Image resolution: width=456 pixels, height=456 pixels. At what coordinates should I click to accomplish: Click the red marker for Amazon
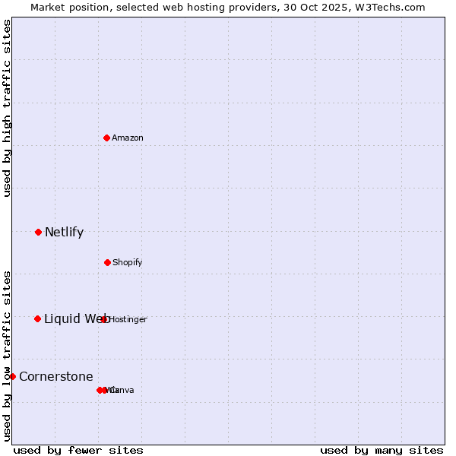[107, 138]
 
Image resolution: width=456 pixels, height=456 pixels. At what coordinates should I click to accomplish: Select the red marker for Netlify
[38, 232]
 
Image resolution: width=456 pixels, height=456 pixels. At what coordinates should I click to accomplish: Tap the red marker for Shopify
[107, 262]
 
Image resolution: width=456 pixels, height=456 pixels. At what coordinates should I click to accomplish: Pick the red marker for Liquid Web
[37, 318]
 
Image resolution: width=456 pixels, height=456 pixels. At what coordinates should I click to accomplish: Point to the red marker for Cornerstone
[12, 376]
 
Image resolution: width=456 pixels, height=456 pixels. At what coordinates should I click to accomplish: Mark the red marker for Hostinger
[104, 319]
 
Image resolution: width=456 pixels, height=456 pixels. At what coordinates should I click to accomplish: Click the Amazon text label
[128, 138]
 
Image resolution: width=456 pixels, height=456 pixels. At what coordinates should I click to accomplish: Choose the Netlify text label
[64, 232]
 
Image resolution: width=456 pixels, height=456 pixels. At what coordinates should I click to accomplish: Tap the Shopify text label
[128, 262]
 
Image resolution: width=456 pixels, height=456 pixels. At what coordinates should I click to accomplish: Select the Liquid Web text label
[76, 318]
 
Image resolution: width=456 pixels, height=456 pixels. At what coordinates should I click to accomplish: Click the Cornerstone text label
[56, 376]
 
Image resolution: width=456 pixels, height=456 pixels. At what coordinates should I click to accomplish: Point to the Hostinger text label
[128, 319]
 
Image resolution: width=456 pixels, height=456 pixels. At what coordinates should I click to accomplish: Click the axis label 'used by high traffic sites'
[7, 108]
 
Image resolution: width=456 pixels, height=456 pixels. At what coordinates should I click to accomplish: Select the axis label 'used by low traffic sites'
[7, 355]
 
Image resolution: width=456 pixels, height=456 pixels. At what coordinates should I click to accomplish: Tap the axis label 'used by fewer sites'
[78, 450]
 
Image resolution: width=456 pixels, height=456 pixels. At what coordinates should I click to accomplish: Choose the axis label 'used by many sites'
[382, 450]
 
